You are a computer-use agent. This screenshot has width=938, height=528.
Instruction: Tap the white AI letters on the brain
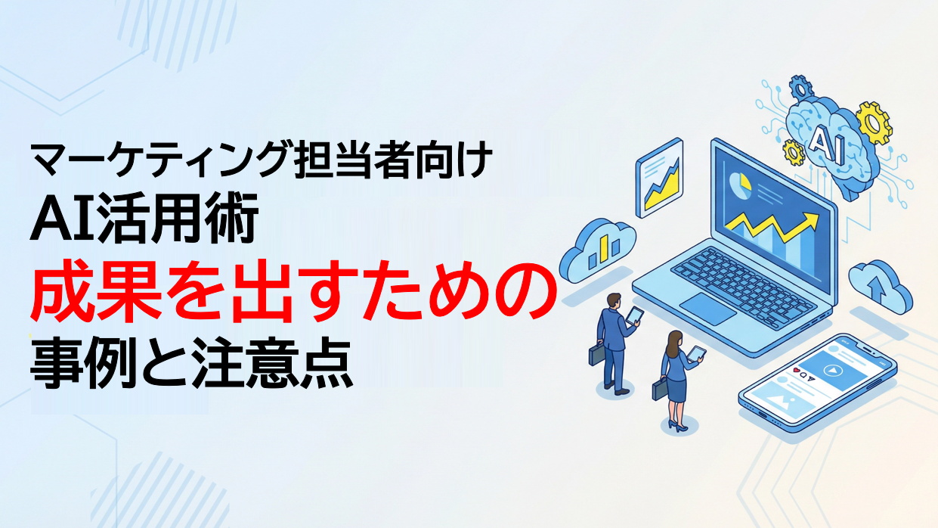point(822,140)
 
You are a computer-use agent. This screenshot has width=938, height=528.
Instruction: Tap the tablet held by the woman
point(698,353)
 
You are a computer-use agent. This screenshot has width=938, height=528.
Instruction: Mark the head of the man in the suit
point(614,300)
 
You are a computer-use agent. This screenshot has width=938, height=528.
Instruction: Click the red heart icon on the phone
point(796,371)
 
